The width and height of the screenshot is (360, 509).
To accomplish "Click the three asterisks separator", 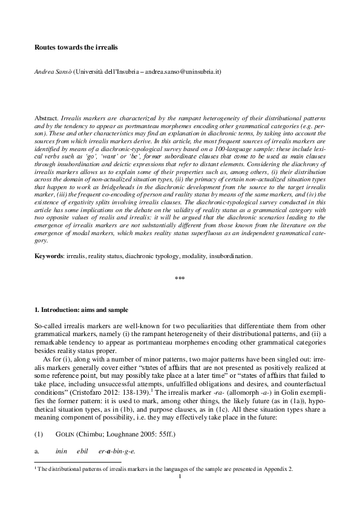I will click(x=180, y=279).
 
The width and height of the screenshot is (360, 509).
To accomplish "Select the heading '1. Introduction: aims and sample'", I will click(x=81, y=310).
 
